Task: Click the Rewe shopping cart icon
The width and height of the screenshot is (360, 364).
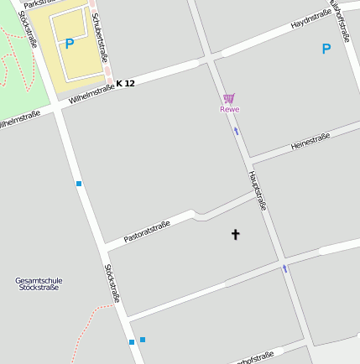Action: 229,99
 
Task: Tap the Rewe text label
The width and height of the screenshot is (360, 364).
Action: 229,109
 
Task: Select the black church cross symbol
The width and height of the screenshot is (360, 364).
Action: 235,235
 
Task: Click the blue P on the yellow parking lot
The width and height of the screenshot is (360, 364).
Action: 70,44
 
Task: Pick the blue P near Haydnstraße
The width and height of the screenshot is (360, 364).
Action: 326,49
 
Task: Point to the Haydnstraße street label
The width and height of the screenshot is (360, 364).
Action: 310,21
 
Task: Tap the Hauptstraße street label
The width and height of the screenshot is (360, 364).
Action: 258,190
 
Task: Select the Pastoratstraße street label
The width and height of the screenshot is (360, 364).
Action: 147,231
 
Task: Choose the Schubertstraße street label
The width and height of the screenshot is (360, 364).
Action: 99,37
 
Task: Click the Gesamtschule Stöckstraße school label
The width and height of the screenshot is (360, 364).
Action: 39,283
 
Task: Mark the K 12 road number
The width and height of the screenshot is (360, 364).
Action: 125,83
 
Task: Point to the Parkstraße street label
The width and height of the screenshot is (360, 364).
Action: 39,4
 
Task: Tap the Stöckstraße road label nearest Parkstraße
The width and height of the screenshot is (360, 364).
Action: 28,29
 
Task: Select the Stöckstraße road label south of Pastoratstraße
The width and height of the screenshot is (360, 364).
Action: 112,283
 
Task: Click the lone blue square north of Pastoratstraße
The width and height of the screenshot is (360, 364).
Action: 79,183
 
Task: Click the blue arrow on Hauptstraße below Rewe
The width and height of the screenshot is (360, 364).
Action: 237,131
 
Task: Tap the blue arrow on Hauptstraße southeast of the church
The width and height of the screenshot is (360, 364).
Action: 285,268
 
